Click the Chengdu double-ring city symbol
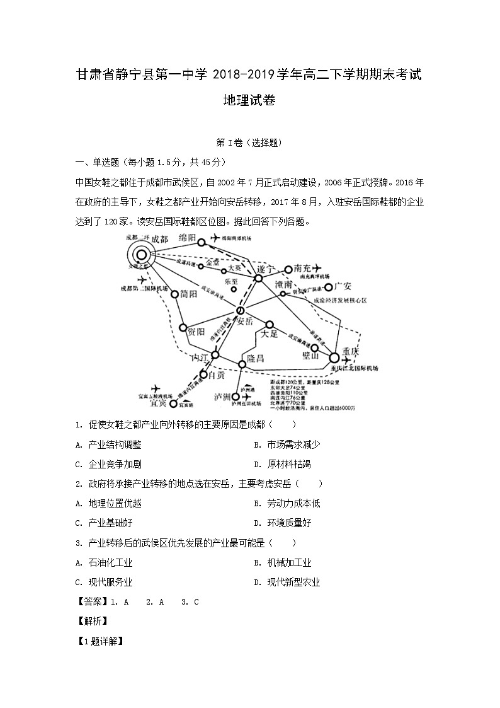coord(142,255)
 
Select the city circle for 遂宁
coord(258,278)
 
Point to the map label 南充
coord(301,269)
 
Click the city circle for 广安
coord(327,287)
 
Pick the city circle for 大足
coord(269,325)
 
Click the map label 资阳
coord(196,332)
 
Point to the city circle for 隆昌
coord(242,364)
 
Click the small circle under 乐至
coord(234,289)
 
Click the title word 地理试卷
coord(250,100)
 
